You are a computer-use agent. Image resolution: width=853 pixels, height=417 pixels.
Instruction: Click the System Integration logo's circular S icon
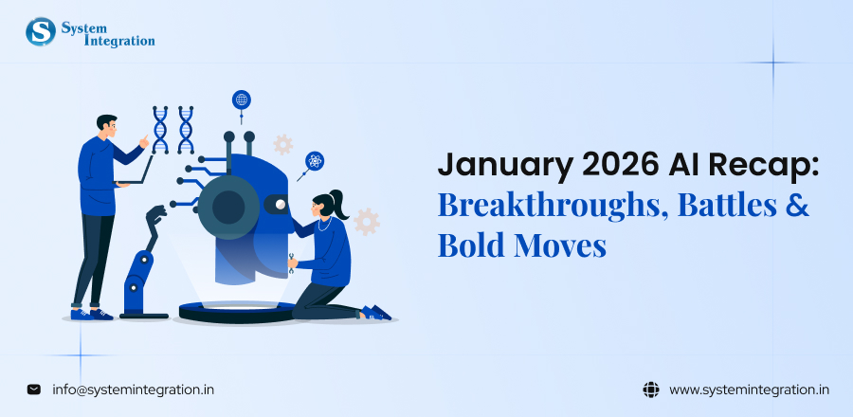click(x=42, y=31)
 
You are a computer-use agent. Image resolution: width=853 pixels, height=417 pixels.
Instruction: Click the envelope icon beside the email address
click(x=34, y=389)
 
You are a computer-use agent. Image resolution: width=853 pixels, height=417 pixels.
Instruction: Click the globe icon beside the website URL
click(x=650, y=389)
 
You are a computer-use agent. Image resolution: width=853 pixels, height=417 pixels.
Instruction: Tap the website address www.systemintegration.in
click(x=750, y=389)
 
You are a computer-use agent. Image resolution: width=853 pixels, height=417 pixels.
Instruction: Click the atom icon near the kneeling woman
click(x=314, y=161)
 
